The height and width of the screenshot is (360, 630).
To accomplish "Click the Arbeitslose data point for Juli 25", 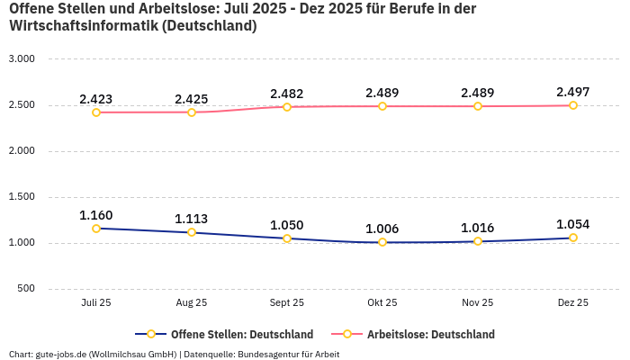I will click(96, 112).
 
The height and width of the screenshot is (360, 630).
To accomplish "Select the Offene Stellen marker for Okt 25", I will click(382, 242).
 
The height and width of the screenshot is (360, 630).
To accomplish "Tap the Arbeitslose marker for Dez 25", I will click(573, 105).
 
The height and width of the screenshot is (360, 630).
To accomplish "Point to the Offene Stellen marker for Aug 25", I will click(192, 232).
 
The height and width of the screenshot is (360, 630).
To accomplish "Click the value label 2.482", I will click(287, 94).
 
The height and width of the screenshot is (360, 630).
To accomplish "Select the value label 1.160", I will click(96, 215).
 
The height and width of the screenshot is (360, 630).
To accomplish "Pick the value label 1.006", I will click(382, 229).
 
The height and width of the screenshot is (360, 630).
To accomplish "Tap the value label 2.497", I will click(573, 92).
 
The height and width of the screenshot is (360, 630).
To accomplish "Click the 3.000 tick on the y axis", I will click(21, 58).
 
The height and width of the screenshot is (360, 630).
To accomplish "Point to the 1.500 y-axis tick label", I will click(21, 196).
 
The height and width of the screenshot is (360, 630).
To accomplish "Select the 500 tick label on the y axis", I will click(27, 288).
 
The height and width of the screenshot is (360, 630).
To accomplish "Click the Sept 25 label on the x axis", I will click(287, 303).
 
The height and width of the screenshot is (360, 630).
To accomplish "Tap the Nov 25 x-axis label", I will click(478, 303).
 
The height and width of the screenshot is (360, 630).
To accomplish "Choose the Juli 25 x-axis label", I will click(96, 303).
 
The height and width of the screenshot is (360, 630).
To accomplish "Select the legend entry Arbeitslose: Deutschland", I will click(430, 335).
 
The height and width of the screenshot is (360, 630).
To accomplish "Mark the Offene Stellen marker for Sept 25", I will click(287, 238).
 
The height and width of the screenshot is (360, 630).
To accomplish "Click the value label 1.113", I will click(192, 219).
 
